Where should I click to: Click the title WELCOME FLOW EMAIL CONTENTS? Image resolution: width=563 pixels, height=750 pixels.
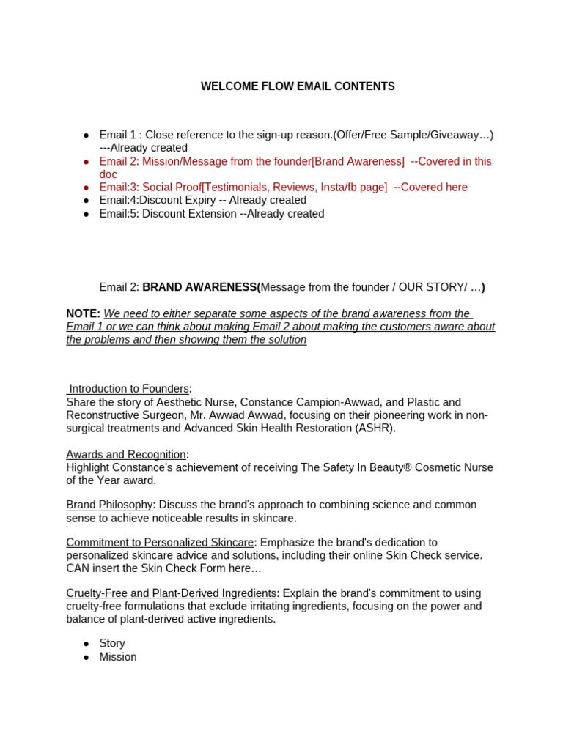coord(298,86)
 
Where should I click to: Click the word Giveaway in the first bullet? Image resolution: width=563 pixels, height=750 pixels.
coord(455,135)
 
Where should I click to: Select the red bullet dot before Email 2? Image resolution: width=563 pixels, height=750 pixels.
coord(87,162)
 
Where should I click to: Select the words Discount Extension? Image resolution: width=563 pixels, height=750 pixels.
coord(189,214)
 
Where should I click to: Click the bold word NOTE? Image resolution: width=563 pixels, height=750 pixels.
coord(83,313)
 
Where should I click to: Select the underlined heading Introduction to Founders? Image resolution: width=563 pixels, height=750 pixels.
coord(129,389)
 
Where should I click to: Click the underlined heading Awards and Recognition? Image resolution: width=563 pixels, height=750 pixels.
coord(126,454)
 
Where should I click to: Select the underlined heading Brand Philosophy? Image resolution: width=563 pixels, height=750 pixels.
coord(109,505)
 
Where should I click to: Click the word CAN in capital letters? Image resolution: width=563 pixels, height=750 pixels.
coord(77,568)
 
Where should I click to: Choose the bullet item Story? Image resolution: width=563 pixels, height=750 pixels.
coord(112,643)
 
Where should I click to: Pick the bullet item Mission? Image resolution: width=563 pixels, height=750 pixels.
coord(118,657)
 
